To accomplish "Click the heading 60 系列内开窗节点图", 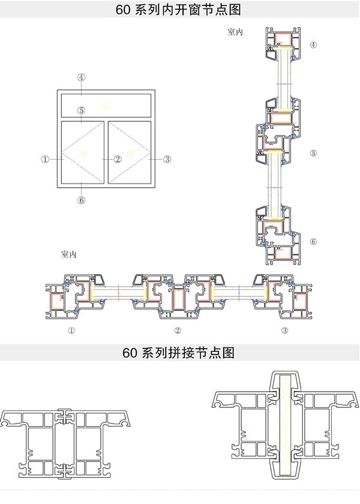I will [x=180, y=10].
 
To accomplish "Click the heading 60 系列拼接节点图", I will [x=180, y=353].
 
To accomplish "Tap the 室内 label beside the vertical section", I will [x=235, y=33].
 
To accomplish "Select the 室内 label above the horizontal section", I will [x=69, y=254].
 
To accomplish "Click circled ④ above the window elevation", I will [x=82, y=77].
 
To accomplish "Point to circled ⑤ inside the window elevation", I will [x=82, y=110].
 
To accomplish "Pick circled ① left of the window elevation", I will [x=45, y=159].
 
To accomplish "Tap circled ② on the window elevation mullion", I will [x=118, y=159].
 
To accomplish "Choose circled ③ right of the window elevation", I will [x=167, y=159].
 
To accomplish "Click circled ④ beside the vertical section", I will [x=313, y=45].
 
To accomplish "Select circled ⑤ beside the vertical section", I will [x=313, y=153].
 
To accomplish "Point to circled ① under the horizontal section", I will [x=71, y=330].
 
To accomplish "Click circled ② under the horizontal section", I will [x=178, y=330].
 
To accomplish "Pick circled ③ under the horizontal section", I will [x=285, y=330].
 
